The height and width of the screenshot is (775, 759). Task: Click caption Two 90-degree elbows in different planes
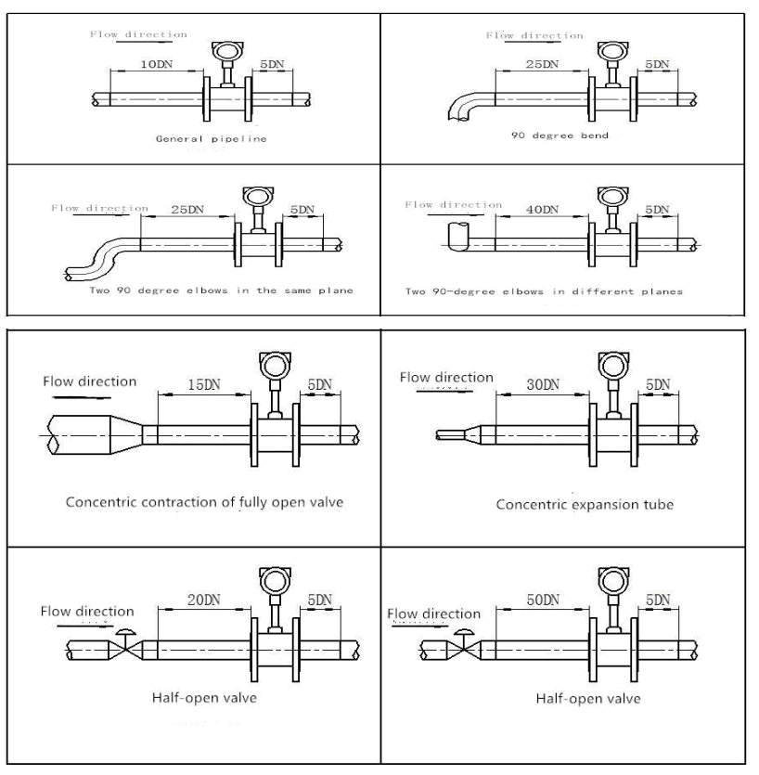(x=546, y=291)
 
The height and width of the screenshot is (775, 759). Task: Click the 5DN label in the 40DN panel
(x=657, y=211)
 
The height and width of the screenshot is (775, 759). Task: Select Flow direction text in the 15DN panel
(x=89, y=381)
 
